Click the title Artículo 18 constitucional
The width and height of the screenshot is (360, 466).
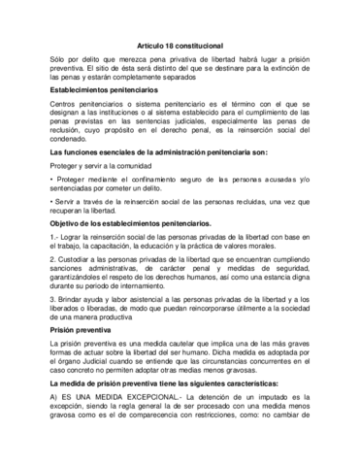180,32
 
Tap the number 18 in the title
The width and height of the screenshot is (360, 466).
171,32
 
